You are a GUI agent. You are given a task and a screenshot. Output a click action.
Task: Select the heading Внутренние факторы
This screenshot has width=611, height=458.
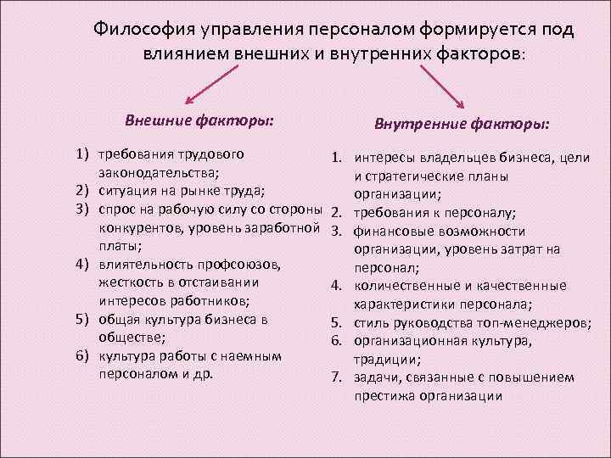point(462,124)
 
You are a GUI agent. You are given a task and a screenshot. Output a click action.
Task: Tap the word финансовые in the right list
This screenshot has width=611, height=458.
point(390,231)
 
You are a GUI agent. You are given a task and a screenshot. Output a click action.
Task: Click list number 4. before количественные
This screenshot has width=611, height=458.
point(337,285)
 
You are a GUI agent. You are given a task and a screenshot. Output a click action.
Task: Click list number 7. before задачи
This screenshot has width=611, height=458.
point(337,377)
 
